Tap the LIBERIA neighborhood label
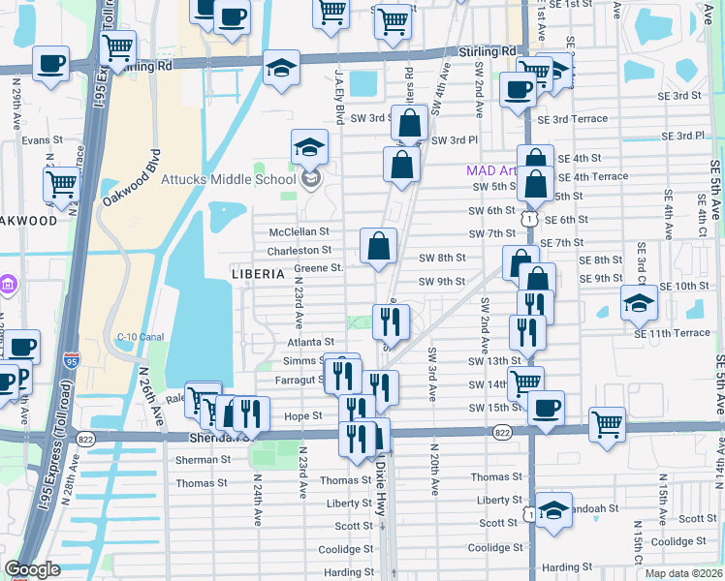tap(259, 274)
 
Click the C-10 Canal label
tap(138, 336)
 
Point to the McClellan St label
tap(299, 232)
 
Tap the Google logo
tap(33, 568)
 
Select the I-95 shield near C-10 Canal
tap(72, 360)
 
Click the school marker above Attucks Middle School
tap(310, 147)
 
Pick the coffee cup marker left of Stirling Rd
tap(50, 66)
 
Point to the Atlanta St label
tap(310, 342)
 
